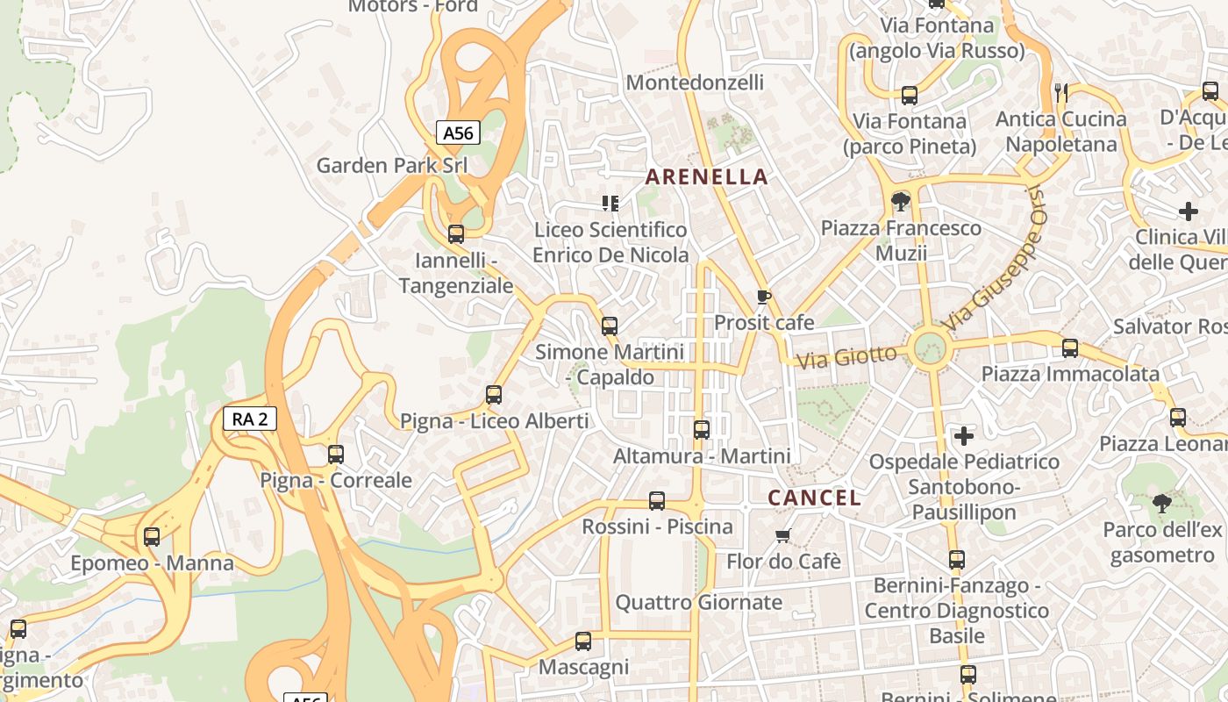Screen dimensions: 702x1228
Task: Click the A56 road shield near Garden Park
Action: click(458, 133)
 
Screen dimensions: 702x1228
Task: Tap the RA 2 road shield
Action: click(250, 419)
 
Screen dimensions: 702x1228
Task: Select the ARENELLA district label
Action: click(707, 176)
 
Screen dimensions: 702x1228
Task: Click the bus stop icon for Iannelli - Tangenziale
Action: click(456, 234)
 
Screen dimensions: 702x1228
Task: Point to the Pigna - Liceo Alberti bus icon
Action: click(494, 395)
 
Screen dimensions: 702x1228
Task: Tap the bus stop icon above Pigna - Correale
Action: click(336, 455)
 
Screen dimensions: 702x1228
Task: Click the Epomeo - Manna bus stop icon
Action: click(152, 537)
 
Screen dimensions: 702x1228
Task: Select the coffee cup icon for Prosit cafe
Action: click(764, 297)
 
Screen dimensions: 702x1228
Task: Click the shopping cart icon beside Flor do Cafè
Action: click(783, 535)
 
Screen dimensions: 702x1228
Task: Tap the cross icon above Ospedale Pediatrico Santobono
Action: click(964, 435)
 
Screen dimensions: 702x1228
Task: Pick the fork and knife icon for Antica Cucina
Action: click(1061, 91)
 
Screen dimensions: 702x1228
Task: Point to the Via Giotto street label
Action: click(846, 356)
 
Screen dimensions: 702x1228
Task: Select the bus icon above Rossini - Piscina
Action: click(657, 501)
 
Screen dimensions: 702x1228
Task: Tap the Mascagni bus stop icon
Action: click(583, 641)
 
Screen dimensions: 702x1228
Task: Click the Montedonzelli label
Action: click(695, 82)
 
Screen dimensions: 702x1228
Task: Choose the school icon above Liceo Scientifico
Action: click(610, 204)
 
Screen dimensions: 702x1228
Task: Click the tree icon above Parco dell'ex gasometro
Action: click(1162, 504)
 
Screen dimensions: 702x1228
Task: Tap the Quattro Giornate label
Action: click(698, 602)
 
